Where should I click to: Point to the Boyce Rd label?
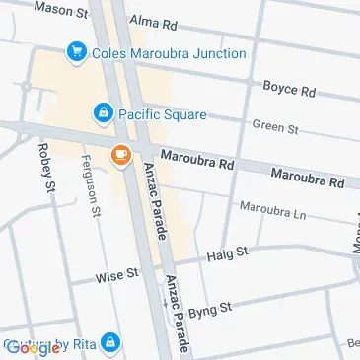coord(288,89)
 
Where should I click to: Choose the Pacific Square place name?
coord(163,114)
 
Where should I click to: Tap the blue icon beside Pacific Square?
coord(102,114)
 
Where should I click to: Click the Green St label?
coord(275,126)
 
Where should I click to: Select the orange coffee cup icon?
coord(120,155)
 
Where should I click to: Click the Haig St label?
coord(227,254)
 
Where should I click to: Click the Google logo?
coord(32,347)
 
